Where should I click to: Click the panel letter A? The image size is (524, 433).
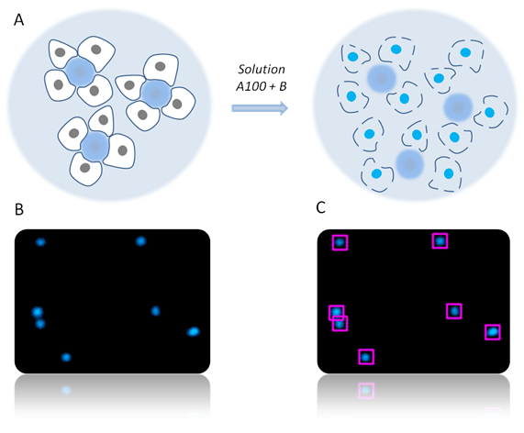pyautogui.click(x=18, y=20)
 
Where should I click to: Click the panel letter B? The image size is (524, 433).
pyautogui.click(x=19, y=209)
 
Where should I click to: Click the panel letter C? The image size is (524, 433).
pyautogui.click(x=320, y=208)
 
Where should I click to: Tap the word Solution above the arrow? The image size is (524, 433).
pyautogui.click(x=262, y=69)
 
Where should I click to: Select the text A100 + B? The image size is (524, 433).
pyautogui.click(x=262, y=86)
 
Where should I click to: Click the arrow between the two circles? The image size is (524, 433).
pyautogui.click(x=260, y=108)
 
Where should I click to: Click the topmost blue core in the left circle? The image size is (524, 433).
pyautogui.click(x=80, y=72)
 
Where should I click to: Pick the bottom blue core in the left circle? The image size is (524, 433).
pyautogui.click(x=95, y=146)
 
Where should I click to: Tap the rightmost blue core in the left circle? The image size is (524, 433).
pyautogui.click(x=155, y=94)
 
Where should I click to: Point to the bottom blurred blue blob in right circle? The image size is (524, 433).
pyautogui.click(x=409, y=164)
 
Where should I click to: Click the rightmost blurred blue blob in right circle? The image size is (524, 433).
pyautogui.click(x=458, y=107)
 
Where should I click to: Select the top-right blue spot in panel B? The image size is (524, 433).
pyautogui.click(x=141, y=241)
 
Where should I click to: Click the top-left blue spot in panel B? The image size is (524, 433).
pyautogui.click(x=40, y=242)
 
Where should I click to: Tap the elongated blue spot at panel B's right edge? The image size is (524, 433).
pyautogui.click(x=193, y=332)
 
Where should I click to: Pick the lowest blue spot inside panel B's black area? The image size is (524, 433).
pyautogui.click(x=66, y=357)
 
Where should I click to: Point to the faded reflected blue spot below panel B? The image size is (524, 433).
pyautogui.click(x=66, y=390)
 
